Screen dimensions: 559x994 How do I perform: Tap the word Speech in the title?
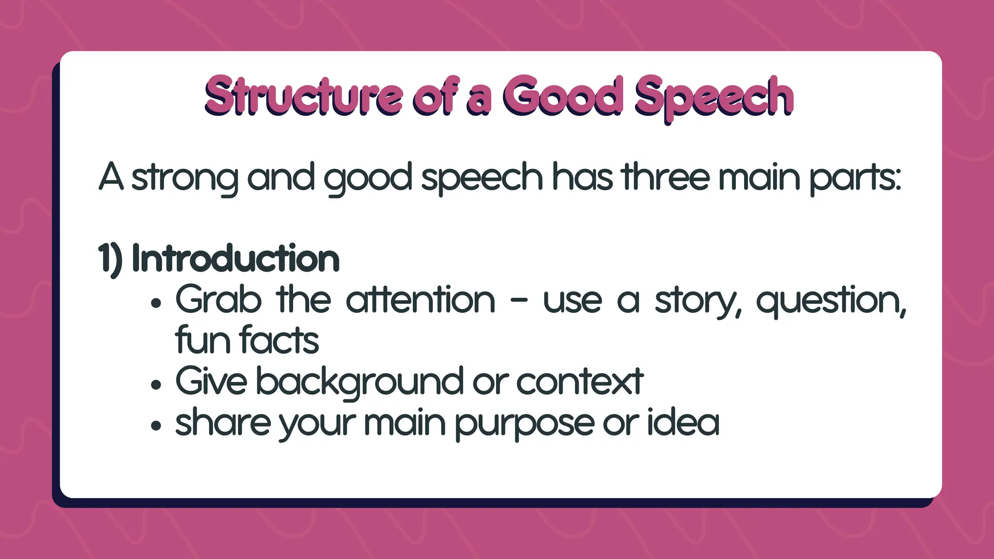tap(714, 97)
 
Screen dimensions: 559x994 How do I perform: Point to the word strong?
tap(184, 179)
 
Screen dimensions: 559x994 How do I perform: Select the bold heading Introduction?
tap(235, 259)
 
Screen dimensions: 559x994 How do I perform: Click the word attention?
tap(420, 300)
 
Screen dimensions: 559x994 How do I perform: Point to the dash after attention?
tap(519, 301)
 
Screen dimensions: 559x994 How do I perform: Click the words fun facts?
tap(247, 341)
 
